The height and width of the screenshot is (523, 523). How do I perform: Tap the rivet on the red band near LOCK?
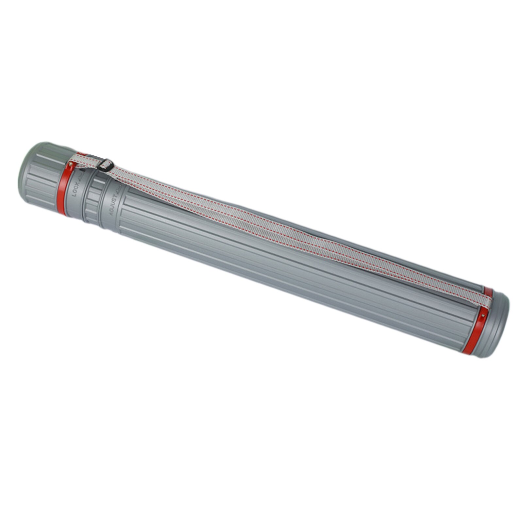point(71,162)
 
